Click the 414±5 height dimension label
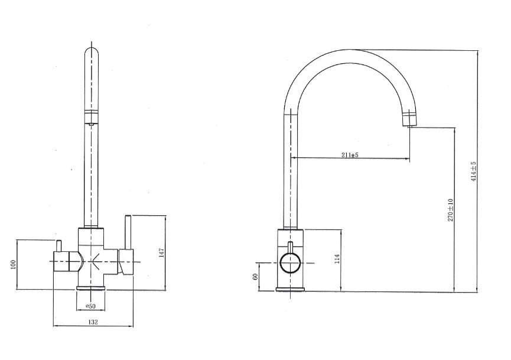point(474,171)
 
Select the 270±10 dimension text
point(451,210)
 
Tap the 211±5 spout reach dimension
point(350,155)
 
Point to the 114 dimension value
point(337,260)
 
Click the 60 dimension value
point(256,276)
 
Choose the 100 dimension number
point(12,264)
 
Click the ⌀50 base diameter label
point(91,306)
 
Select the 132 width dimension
point(93,322)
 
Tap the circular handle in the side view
point(291,262)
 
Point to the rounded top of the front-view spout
point(91,53)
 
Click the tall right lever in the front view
point(126,233)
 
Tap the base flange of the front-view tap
point(92,287)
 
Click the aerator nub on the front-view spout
point(91,122)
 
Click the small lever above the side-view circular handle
point(290,246)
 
